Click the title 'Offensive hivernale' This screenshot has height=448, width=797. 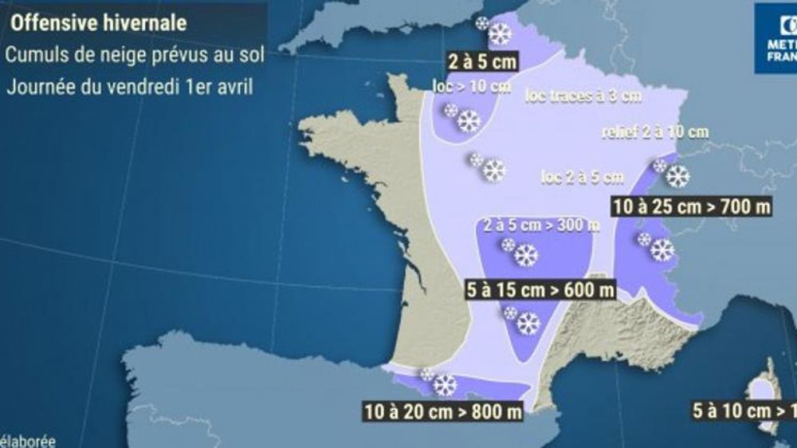(98, 23)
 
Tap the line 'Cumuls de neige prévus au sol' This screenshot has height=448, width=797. (135, 55)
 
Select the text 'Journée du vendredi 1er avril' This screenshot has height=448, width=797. (130, 86)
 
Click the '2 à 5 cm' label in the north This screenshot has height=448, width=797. (481, 61)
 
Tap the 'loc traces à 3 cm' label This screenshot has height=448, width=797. (584, 96)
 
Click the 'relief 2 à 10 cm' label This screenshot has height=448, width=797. (656, 132)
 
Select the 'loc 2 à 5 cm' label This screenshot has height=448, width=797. (581, 177)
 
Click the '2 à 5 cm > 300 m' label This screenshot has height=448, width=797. (541, 226)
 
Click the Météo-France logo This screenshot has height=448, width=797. (777, 38)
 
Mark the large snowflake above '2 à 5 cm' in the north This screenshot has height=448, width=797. (500, 34)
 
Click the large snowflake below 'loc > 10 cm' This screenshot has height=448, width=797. (469, 121)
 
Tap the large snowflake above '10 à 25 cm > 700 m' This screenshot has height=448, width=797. (678, 176)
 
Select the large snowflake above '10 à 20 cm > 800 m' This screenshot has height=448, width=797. (445, 385)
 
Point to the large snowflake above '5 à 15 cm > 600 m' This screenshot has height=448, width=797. (526, 255)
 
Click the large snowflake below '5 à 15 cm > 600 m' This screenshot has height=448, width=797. (528, 324)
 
